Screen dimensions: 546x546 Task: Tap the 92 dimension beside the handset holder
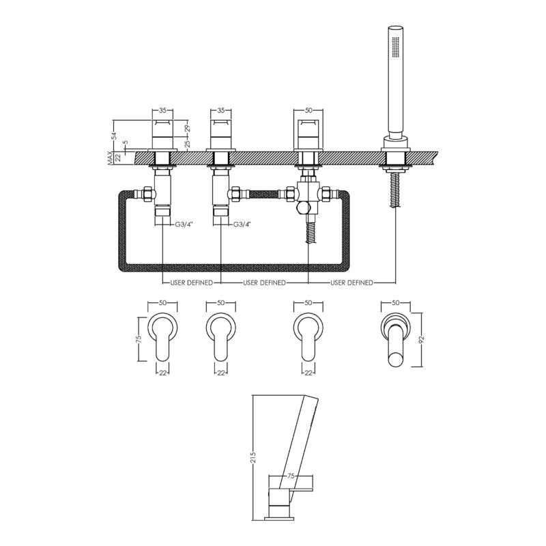point(422,340)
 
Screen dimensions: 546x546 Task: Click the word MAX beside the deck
point(111,158)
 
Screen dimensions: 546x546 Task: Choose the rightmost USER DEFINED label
point(351,283)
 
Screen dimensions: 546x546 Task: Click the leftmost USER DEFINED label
point(191,283)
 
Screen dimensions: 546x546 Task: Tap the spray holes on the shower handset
point(395,47)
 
